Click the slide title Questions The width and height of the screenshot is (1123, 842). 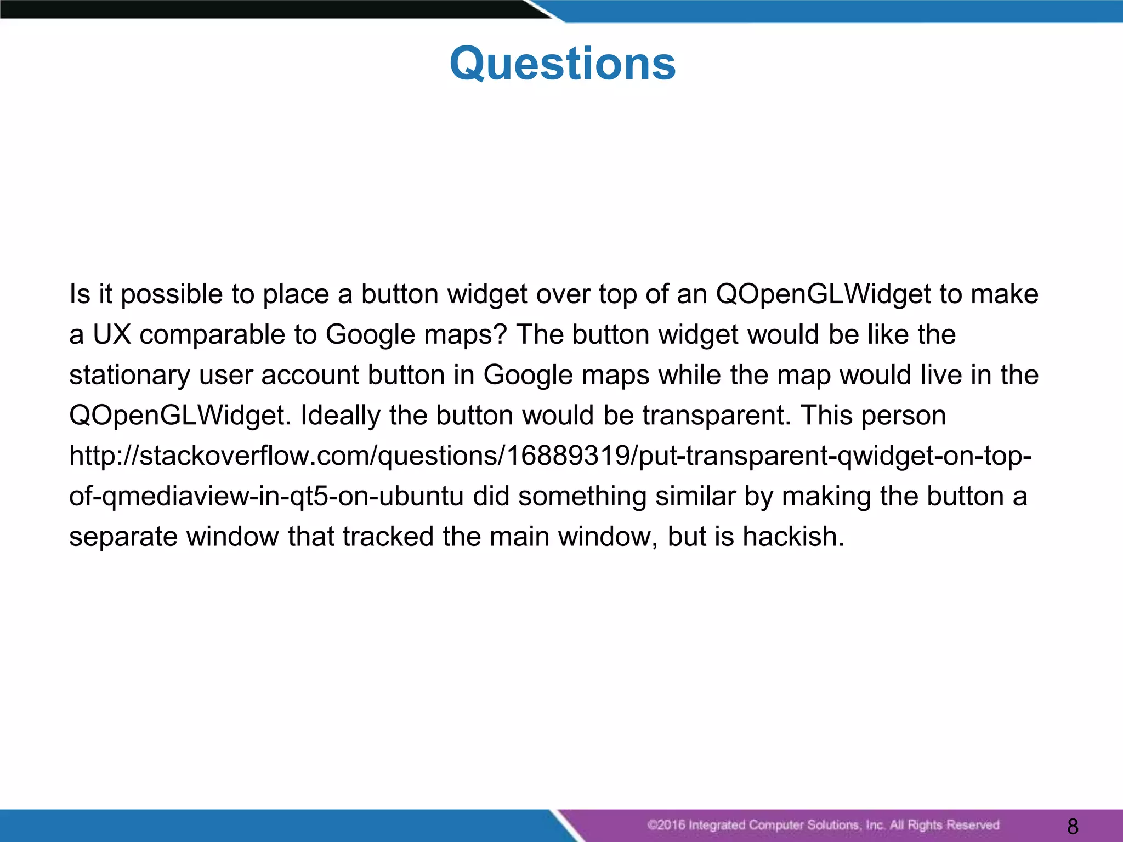click(x=563, y=64)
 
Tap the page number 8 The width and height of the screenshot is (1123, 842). click(x=1073, y=826)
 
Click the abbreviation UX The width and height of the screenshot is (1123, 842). click(x=112, y=334)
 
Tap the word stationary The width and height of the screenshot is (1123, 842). click(x=129, y=375)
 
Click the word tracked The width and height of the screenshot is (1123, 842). click(x=388, y=537)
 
